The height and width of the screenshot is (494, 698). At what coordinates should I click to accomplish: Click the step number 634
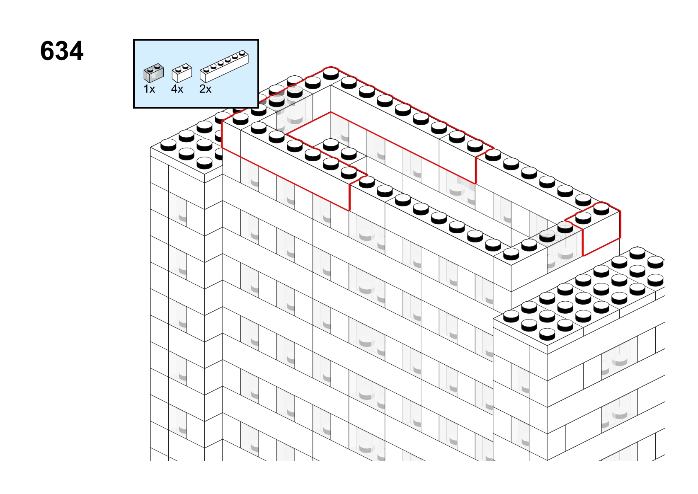point(62,51)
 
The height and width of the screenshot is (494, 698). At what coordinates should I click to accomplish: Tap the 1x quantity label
point(149,89)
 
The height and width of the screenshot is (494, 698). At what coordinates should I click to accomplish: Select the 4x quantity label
point(177,89)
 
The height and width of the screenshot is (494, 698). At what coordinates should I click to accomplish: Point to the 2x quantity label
point(205,89)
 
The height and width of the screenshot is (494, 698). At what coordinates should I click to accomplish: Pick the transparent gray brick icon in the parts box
point(154,73)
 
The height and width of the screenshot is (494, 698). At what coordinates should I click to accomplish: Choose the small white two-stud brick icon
point(182,73)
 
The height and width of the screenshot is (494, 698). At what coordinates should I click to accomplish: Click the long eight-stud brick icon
point(224,66)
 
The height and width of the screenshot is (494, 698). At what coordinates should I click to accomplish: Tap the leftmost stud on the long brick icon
point(206,70)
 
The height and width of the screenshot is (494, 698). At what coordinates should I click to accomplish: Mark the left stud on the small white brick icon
point(178,70)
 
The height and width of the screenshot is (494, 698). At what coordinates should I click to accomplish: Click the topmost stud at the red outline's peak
point(331,73)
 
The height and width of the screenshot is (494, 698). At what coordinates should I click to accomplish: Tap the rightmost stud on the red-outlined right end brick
point(601,209)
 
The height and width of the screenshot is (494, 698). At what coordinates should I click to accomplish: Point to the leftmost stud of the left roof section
point(168,145)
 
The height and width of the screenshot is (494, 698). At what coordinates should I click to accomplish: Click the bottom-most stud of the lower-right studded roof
point(547,334)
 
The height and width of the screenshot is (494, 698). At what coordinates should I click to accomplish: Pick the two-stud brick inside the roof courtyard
point(339,153)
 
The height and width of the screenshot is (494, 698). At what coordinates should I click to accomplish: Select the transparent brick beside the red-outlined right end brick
point(561,246)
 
